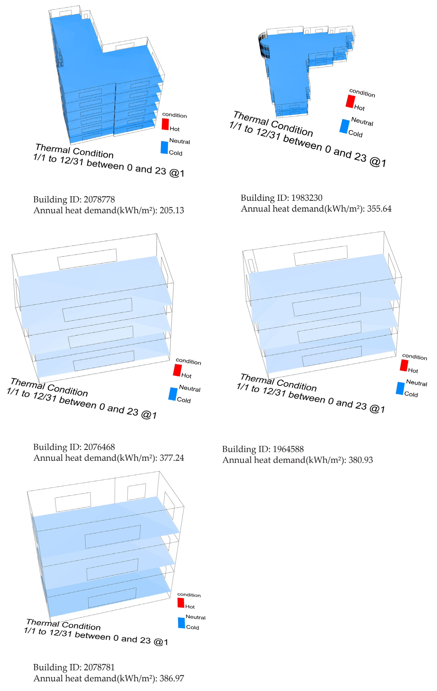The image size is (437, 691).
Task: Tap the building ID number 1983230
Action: tap(307, 198)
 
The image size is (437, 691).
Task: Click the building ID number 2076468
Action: tap(99, 447)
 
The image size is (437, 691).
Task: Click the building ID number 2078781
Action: tap(99, 667)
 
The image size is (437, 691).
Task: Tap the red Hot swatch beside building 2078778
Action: tap(165, 124)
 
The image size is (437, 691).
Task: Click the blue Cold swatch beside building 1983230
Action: tap(344, 126)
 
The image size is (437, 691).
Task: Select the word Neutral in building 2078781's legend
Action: tap(196, 617)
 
